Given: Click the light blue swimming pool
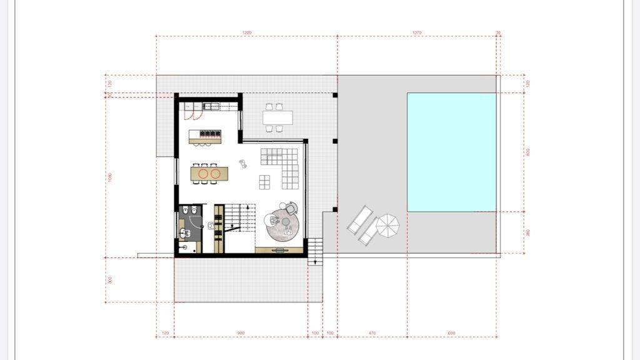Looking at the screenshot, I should coord(452,152).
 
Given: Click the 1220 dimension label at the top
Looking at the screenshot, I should coord(247,33).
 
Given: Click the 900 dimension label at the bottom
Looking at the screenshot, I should coord(241,333).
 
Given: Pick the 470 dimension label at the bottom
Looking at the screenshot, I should coord(372,333).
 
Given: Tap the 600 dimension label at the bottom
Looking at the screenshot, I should coord(452,333).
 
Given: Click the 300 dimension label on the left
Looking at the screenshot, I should coord(110,280).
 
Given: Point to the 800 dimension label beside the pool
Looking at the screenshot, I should coord(528,152).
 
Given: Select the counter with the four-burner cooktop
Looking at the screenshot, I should coord(210,134).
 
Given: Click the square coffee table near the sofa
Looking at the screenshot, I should coord(265,182).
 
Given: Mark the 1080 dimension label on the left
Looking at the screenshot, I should coord(110,177).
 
